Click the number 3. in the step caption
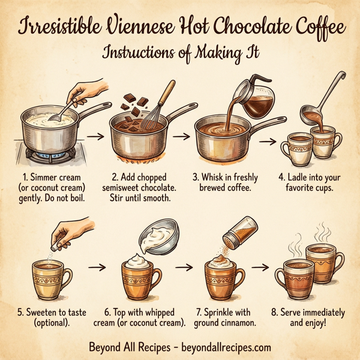coord(196,177)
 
